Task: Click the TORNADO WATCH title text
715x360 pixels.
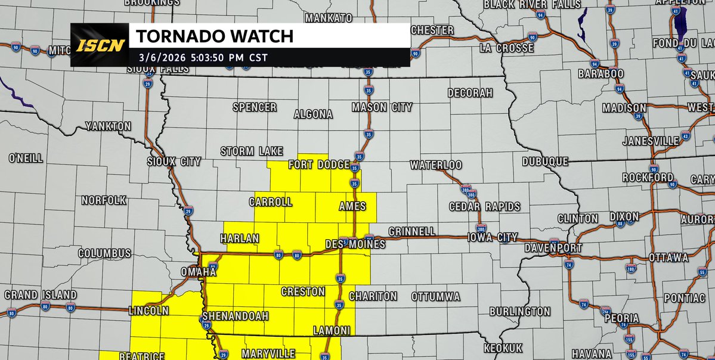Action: click(x=215, y=36)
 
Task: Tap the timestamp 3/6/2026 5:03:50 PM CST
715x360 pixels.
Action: click(x=202, y=57)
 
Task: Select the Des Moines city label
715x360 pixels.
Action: click(x=355, y=244)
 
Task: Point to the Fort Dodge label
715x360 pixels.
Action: click(x=317, y=165)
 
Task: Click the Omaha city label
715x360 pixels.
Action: click(x=198, y=272)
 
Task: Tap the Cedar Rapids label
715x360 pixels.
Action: click(x=484, y=207)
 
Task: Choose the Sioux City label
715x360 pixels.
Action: click(x=174, y=162)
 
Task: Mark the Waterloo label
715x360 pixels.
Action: click(x=435, y=165)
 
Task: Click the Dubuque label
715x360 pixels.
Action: click(x=544, y=162)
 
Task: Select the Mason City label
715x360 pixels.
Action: click(x=382, y=107)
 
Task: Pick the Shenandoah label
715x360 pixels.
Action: click(x=236, y=315)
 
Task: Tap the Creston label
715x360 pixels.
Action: click(x=303, y=291)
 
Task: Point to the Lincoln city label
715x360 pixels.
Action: click(x=148, y=311)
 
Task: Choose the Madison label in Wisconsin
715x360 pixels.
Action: click(x=624, y=108)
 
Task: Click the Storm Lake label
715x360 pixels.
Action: click(x=252, y=151)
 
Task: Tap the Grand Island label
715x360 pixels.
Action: click(x=41, y=295)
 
